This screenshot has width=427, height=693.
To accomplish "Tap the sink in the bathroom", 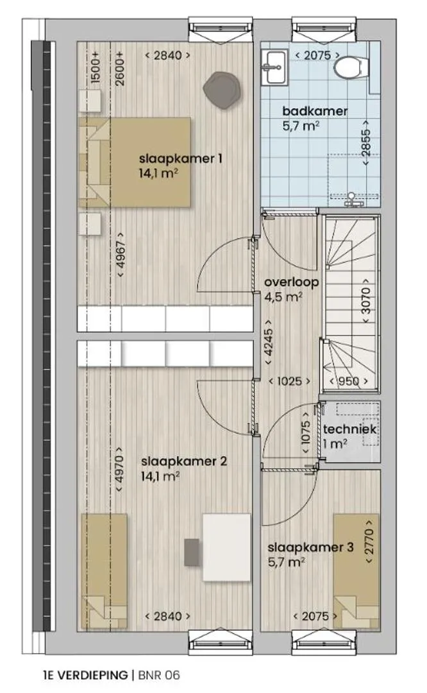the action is click(272, 66).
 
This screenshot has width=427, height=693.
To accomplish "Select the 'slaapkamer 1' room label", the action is click(181, 158).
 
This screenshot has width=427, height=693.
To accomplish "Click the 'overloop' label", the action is click(292, 282).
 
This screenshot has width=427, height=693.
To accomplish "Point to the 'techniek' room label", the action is click(349, 429).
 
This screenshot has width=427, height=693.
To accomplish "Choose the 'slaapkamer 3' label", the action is click(310, 547).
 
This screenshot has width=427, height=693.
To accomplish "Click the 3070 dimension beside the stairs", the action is click(366, 301).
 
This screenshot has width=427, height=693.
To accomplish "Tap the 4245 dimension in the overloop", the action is click(268, 343).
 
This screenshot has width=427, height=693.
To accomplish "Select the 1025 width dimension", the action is click(289, 381).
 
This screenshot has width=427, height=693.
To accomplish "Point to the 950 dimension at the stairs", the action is click(349, 381).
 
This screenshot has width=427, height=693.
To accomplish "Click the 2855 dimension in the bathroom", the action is click(365, 143).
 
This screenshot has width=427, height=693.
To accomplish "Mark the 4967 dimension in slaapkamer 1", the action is click(121, 255).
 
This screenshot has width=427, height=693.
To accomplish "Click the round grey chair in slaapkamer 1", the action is click(223, 89).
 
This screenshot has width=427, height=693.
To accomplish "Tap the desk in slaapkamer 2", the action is click(226, 547).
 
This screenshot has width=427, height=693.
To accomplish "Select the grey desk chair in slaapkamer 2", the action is click(192, 552).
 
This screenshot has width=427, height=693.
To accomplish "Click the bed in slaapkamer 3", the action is click(356, 570).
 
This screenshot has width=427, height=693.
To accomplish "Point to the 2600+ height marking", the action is click(120, 67).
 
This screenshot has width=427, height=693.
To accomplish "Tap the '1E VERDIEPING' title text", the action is click(85, 675).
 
